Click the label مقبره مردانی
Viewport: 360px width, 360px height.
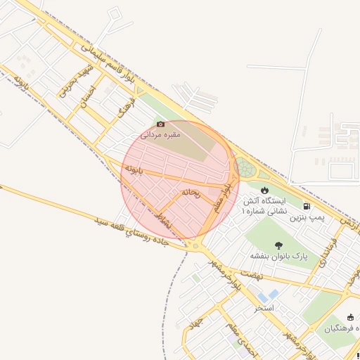click(x=162, y=134)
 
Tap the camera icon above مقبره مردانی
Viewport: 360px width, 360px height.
click(x=161, y=124)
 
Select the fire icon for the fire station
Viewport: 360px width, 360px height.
click(x=264, y=190)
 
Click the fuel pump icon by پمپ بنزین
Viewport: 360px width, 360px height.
click(x=307, y=206)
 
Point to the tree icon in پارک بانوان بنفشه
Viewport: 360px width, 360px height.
click(x=280, y=245)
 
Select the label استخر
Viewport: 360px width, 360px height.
click(x=264, y=308)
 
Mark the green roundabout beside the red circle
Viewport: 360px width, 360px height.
click(x=245, y=167)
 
